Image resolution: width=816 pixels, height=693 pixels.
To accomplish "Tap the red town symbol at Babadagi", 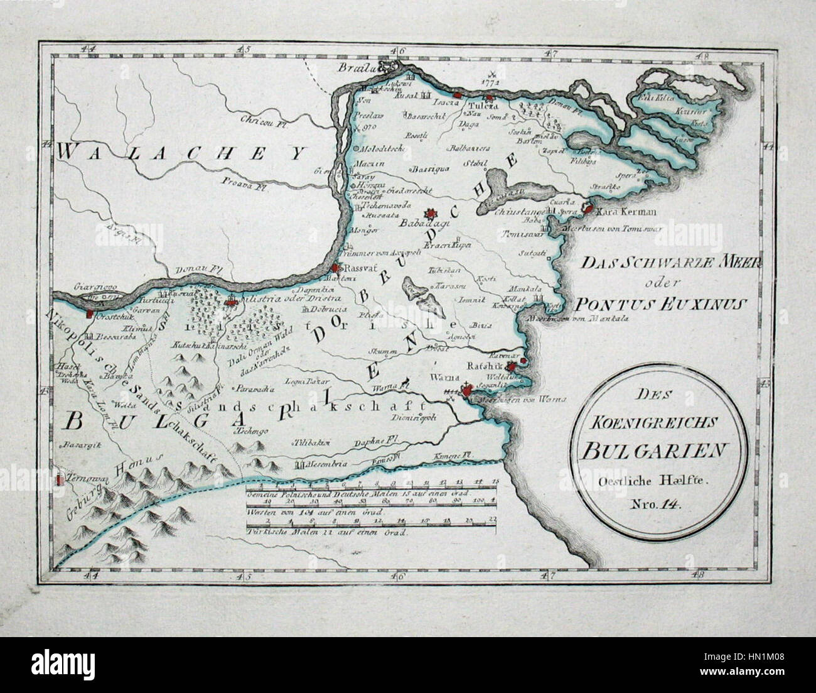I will (430, 214).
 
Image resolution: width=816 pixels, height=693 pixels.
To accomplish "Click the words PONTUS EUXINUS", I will (659, 305).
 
